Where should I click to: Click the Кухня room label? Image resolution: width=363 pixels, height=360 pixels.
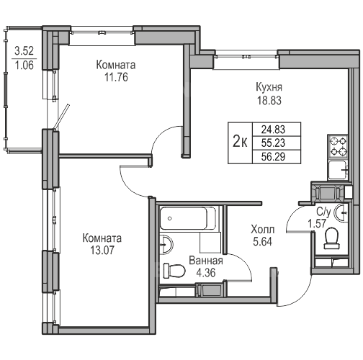click(269, 87)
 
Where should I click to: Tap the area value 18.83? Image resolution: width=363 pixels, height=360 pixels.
click(269, 101)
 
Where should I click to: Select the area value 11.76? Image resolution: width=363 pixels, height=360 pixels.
click(116, 77)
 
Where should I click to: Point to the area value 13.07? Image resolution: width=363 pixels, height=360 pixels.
click(102, 251)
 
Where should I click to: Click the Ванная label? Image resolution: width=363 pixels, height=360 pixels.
click(206, 261)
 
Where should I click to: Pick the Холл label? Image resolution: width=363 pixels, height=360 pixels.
click(262, 230)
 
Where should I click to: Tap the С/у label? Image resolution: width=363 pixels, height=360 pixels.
click(323, 212)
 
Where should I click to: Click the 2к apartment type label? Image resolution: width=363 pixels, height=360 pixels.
click(240, 143)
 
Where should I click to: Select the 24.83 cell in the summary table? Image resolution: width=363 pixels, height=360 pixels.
click(273, 130)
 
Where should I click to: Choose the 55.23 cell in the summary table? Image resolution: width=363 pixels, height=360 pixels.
click(273, 143)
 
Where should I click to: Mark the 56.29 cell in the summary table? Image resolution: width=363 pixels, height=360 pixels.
click(273, 157)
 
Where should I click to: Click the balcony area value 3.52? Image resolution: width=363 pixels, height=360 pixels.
click(24, 51)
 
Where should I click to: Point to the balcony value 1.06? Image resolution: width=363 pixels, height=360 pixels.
click(24, 65)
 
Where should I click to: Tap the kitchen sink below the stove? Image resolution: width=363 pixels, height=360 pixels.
click(338, 170)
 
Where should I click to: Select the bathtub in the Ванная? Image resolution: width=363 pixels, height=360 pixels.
click(188, 218)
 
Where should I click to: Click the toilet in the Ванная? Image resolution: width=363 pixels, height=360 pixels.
click(174, 271)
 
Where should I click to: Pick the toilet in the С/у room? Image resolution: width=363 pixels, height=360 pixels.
click(332, 238)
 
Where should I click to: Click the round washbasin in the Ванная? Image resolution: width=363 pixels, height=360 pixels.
click(166, 244)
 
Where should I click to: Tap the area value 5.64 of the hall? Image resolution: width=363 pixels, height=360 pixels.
click(262, 242)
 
